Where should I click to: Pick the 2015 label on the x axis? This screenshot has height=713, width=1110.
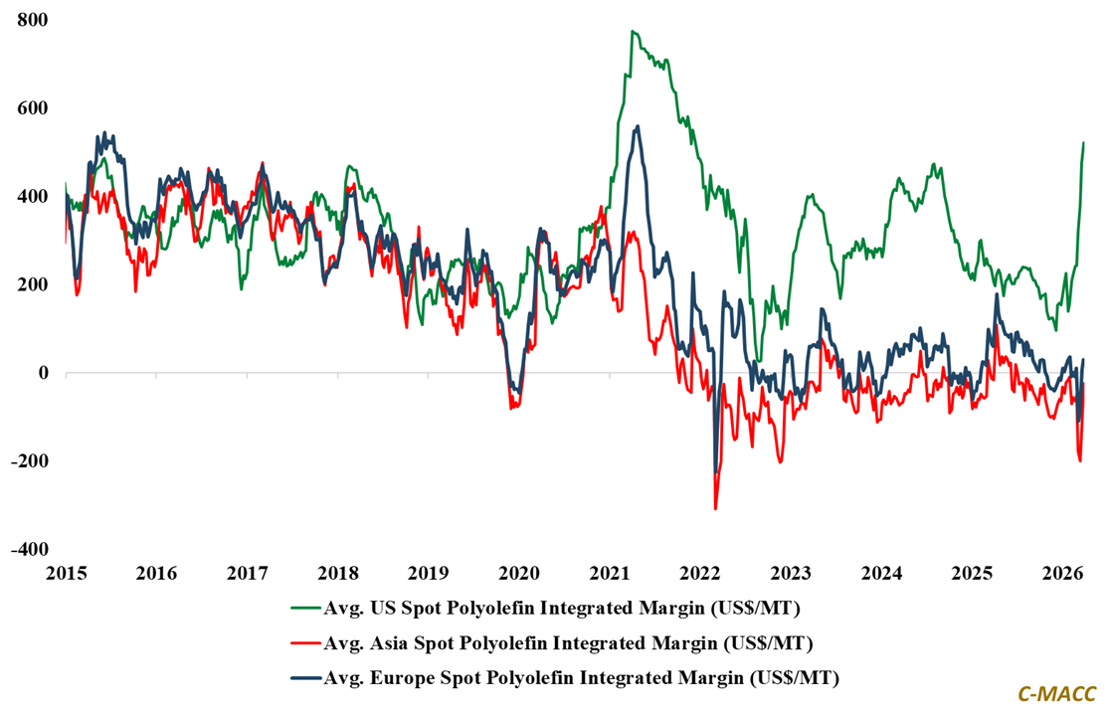click(66, 574)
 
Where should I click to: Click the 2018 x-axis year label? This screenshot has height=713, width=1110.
click(337, 574)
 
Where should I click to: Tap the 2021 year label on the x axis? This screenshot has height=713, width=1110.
click(610, 574)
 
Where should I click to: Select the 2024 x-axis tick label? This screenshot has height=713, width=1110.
click(881, 574)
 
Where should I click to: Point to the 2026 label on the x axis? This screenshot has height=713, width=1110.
click(1062, 574)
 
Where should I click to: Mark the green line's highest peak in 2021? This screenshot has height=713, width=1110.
click(633, 31)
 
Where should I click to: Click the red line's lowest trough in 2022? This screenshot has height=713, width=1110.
click(715, 509)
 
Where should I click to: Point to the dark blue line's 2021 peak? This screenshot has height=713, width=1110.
click(638, 126)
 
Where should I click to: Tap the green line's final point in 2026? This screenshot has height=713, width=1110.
click(1083, 142)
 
